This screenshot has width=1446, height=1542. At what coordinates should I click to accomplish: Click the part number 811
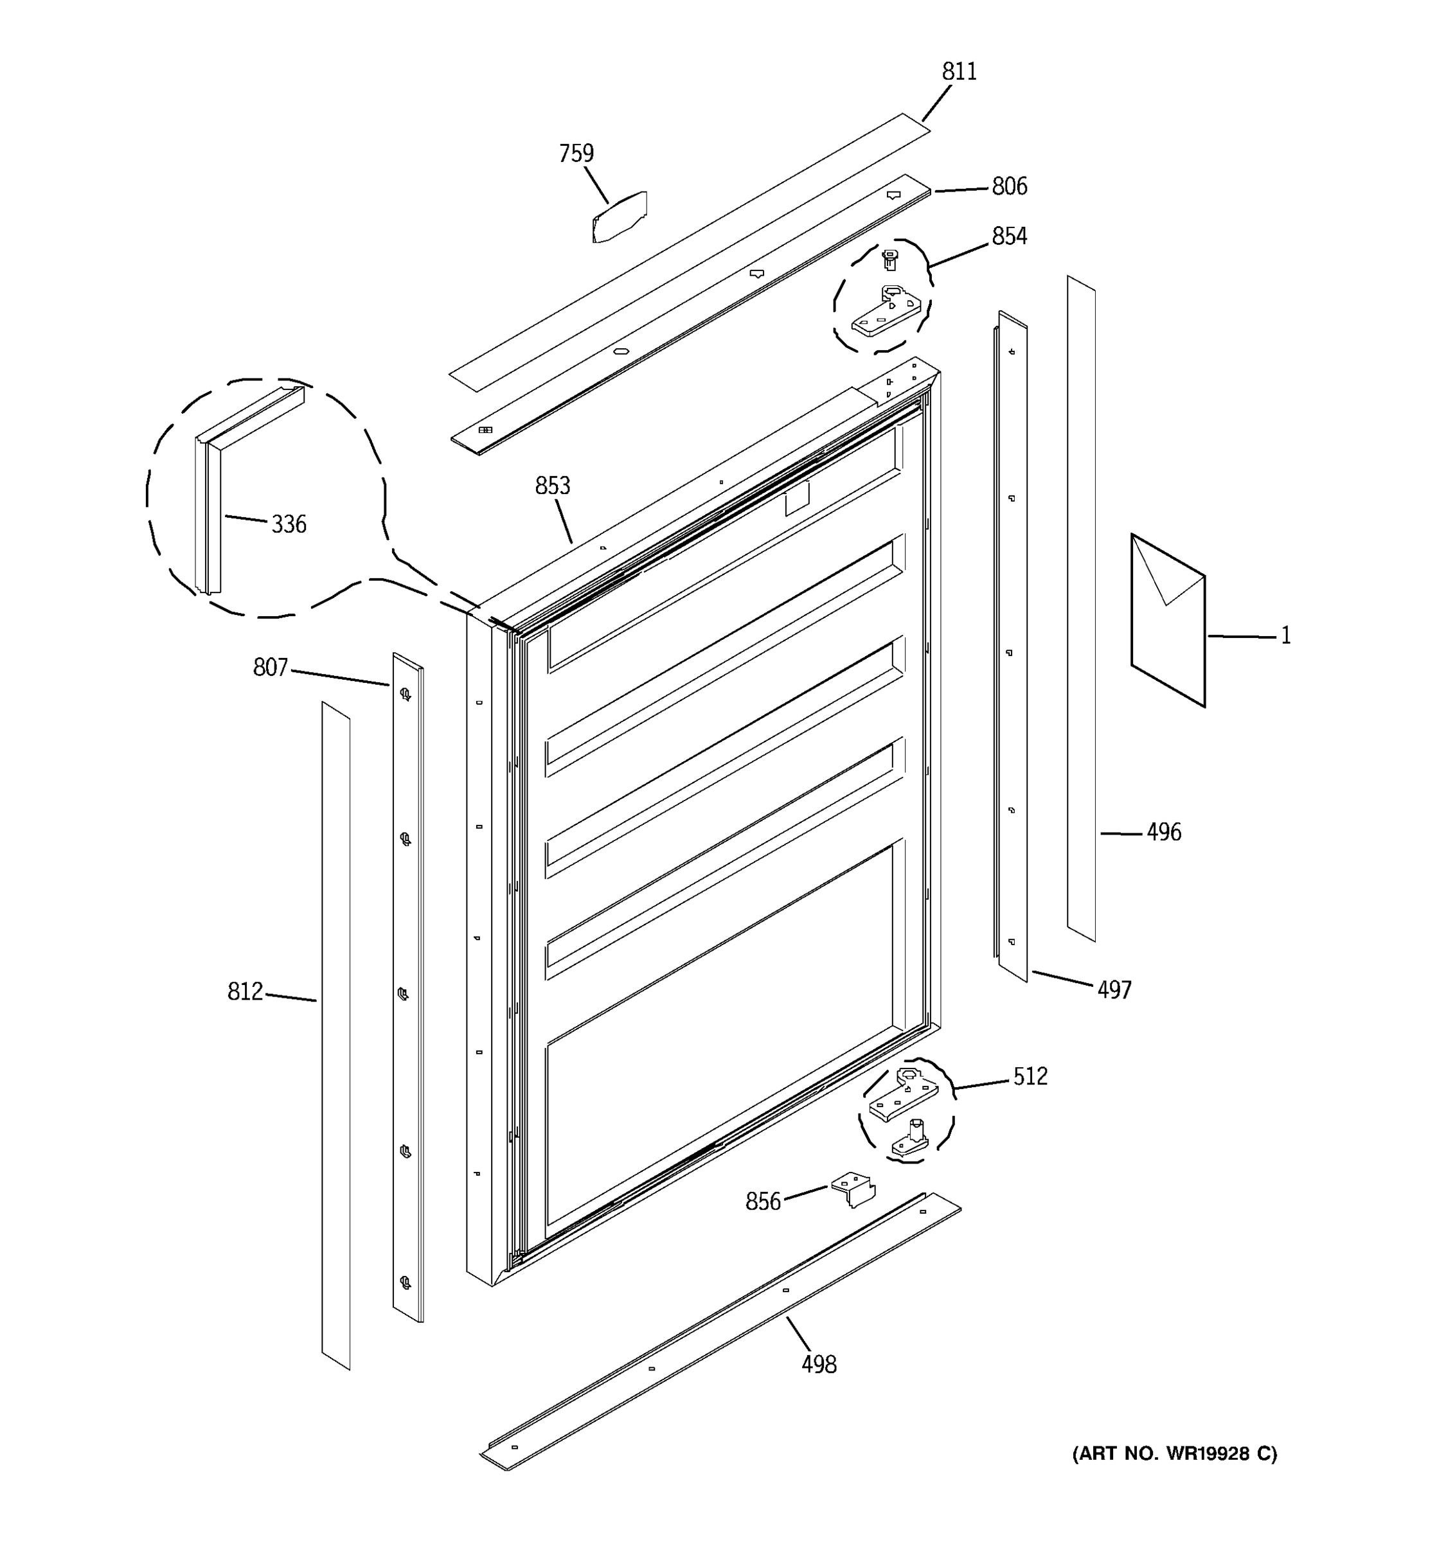(x=959, y=71)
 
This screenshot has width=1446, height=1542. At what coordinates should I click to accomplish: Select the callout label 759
(x=576, y=154)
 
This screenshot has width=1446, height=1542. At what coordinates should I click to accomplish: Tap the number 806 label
(x=1009, y=186)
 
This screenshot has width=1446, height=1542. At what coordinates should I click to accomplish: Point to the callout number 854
(x=1009, y=236)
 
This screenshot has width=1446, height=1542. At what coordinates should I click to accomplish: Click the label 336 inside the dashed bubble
(x=289, y=524)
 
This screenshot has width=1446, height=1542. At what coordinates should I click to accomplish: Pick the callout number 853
(x=552, y=486)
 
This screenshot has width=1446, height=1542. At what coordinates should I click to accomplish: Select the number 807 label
(x=270, y=667)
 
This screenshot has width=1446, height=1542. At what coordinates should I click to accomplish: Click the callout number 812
(x=245, y=991)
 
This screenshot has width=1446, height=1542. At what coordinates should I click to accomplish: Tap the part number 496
(x=1164, y=832)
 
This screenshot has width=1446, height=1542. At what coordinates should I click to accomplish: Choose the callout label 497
(x=1114, y=989)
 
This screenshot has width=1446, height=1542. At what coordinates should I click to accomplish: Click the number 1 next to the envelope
(x=1285, y=636)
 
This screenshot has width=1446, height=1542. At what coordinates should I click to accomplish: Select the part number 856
(x=763, y=1201)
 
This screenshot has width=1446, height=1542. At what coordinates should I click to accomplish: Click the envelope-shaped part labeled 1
(x=1168, y=621)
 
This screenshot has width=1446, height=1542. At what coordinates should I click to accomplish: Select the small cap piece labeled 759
(x=619, y=217)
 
